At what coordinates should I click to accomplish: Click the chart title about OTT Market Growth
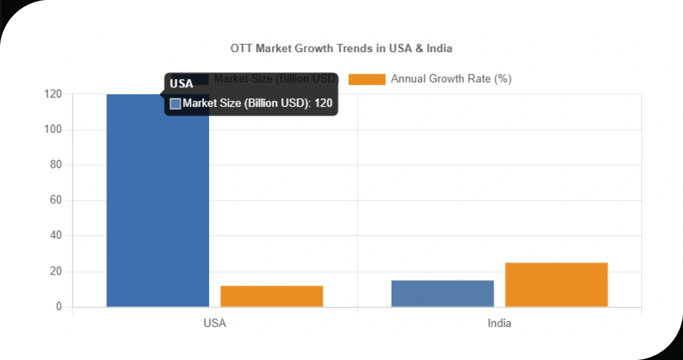pyautogui.click(x=341, y=48)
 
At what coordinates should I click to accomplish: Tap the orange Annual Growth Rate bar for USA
pyautogui.click(x=272, y=296)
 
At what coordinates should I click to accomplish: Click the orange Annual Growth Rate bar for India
pyautogui.click(x=556, y=284)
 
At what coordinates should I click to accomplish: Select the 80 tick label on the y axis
pyautogui.click(x=55, y=165)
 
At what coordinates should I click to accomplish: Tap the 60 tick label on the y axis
pyautogui.click(x=55, y=200)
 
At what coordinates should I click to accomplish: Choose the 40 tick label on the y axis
pyautogui.click(x=55, y=236)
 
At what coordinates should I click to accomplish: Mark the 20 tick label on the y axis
pyautogui.click(x=55, y=271)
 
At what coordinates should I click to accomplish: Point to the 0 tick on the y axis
pyautogui.click(x=58, y=307)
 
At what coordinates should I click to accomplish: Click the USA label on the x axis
pyautogui.click(x=215, y=324)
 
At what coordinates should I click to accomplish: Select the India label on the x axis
pyautogui.click(x=499, y=324)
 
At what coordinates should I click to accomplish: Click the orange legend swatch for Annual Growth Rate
pyautogui.click(x=367, y=79)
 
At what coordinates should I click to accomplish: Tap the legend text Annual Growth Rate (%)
pyautogui.click(x=451, y=79)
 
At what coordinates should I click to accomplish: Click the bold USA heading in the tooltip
pyautogui.click(x=182, y=84)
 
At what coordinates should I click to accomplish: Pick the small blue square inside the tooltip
pyautogui.click(x=176, y=103)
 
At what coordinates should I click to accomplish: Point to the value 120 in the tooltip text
pyautogui.click(x=323, y=103)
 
